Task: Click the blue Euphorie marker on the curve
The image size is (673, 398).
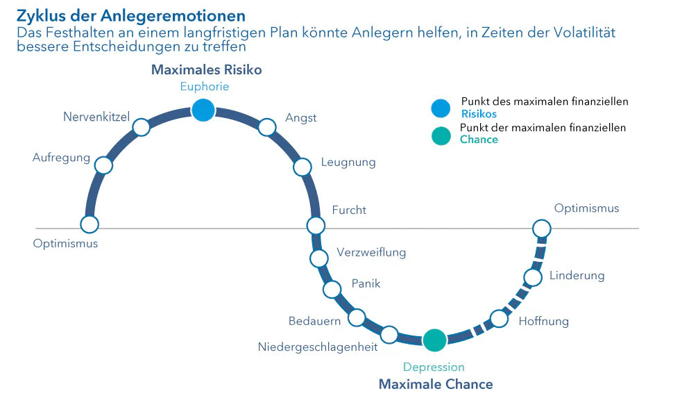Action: tap(203, 110)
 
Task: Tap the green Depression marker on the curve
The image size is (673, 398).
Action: tap(434, 340)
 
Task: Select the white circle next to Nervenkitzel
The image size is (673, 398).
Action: tap(141, 127)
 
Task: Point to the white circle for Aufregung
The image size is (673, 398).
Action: tap(103, 165)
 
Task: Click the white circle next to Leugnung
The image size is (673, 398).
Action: tap(303, 167)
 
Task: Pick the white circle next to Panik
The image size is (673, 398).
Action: tap(332, 290)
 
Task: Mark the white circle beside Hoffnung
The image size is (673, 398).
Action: tap(499, 319)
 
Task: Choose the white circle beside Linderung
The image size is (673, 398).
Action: tap(533, 277)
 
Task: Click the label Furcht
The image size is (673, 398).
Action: tap(349, 210)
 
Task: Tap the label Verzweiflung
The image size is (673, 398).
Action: tap(371, 252)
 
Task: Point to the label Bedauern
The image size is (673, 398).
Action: tap(314, 321)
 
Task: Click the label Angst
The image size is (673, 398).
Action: tap(301, 118)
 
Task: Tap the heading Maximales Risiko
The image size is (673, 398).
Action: tap(206, 70)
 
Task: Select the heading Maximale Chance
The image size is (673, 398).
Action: tap(436, 384)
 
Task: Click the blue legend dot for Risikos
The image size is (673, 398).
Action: tap(440, 108)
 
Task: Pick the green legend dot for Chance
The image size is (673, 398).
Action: tap(440, 136)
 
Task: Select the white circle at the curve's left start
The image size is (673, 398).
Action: tap(90, 224)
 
